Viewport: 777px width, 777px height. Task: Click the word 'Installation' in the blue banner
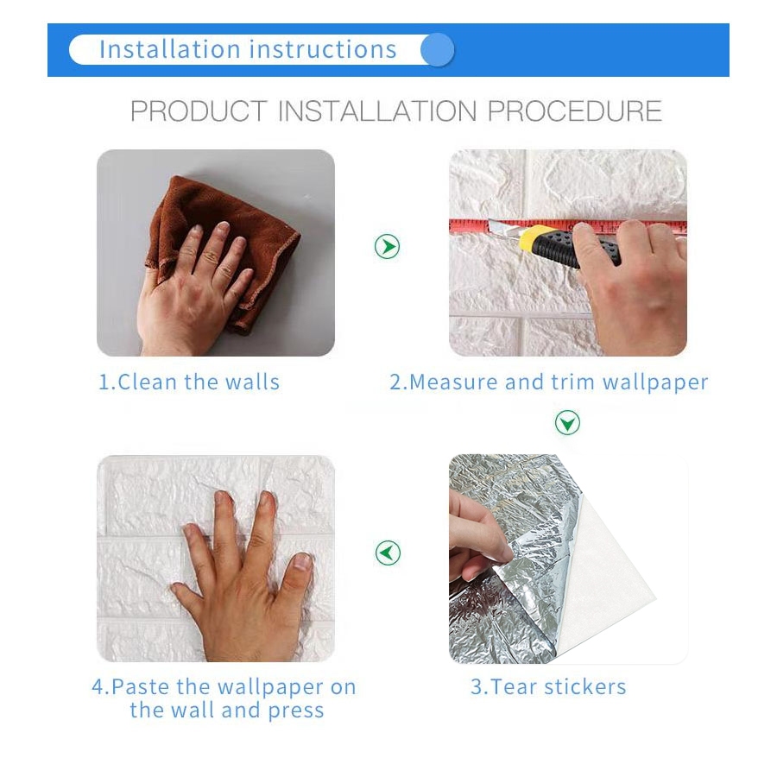click(x=170, y=49)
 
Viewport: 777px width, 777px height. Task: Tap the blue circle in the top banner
click(x=437, y=49)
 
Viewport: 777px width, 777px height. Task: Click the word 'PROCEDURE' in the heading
click(x=575, y=111)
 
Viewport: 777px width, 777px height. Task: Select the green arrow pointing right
click(x=387, y=246)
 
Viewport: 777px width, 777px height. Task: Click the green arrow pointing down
click(x=567, y=423)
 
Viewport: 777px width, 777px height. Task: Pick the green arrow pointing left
click(x=388, y=553)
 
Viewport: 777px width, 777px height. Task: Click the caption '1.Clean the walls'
click(x=189, y=382)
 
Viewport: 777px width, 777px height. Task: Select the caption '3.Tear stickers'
click(x=548, y=687)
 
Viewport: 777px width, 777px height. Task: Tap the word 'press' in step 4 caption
click(x=296, y=711)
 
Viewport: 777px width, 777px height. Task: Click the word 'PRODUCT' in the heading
click(x=199, y=111)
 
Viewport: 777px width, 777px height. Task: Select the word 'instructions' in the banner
click(x=323, y=49)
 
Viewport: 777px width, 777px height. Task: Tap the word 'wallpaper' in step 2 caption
click(x=655, y=383)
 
